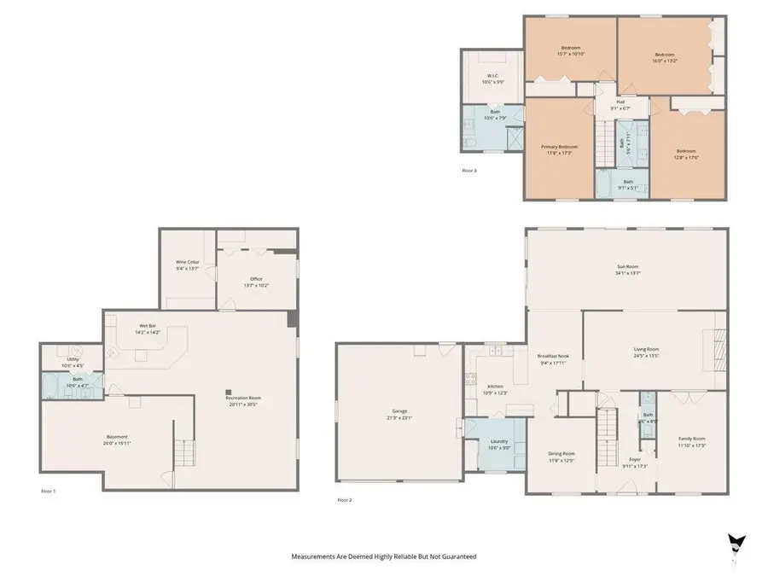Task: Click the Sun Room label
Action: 628,270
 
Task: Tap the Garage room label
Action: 400,415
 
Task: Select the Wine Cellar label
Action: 189,265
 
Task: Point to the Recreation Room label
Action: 243,400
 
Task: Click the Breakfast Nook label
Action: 554,358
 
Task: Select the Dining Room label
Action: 561,457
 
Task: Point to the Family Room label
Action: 691,441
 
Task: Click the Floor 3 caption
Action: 469,171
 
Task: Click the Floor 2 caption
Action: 344,499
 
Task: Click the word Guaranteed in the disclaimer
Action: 457,556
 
